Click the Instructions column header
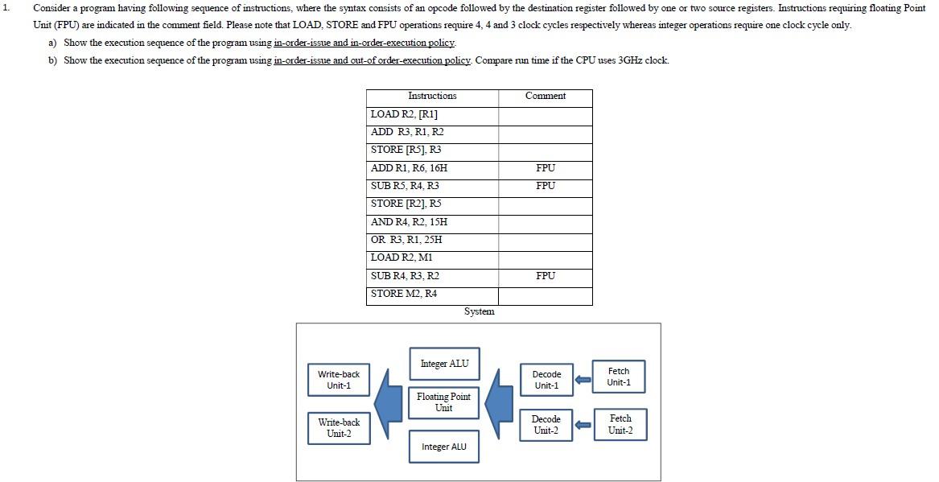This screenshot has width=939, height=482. pos(432,97)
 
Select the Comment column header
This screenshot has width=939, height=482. pos(545,97)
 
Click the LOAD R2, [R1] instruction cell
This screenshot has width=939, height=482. pos(432,114)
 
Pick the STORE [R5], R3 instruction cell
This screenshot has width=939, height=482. pos(432,150)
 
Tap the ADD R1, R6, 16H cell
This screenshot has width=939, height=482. pos(432,168)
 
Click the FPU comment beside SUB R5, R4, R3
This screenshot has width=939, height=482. pos(545,186)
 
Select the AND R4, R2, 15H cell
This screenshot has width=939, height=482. pos(432,222)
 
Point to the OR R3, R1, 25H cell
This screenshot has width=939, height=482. pos(432,240)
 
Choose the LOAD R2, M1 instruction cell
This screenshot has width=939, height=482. pos(432,257)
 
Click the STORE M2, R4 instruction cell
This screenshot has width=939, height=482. pos(432,294)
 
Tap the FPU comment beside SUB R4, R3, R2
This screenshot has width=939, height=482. pos(545,276)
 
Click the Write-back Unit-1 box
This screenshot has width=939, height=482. pos(339,380)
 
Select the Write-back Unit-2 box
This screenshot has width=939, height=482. pos(339,428)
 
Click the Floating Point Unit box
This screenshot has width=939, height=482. pos(443,402)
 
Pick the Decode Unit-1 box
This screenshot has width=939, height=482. pos(546,380)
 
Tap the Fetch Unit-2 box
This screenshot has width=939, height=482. pos(620,424)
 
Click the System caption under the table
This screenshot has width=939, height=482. pos(479,312)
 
